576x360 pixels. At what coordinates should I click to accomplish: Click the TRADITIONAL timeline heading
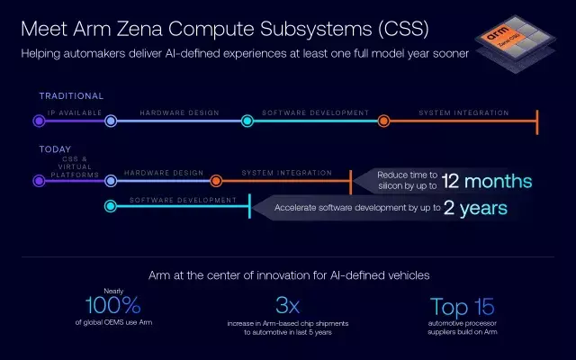point(71,96)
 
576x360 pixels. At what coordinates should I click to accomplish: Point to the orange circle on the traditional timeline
point(383,121)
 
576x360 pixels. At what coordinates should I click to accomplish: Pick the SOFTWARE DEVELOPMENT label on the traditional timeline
point(315,113)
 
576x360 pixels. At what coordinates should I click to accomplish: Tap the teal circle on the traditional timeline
point(247,121)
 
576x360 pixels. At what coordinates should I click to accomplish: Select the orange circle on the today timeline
point(217,180)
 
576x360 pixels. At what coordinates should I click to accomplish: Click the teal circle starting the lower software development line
point(111,207)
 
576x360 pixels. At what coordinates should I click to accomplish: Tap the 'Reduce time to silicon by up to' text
point(407,180)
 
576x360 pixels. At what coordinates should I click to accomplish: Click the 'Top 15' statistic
point(462,306)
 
